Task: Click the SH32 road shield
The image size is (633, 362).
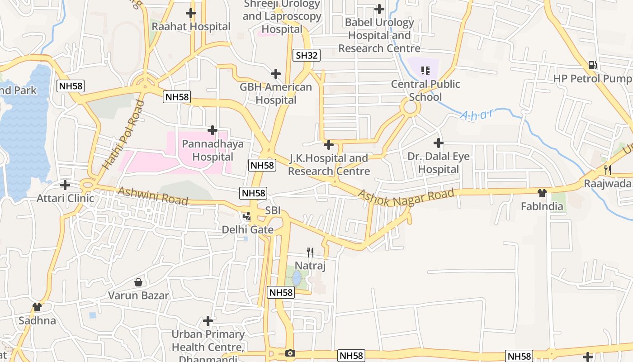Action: tap(307, 56)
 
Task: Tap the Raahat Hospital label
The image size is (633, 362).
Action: tap(191, 26)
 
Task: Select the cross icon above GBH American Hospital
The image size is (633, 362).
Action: tap(276, 74)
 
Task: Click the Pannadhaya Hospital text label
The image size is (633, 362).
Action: tap(213, 150)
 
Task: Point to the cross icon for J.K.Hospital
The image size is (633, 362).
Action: tap(329, 145)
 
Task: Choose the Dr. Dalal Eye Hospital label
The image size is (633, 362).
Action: tap(439, 163)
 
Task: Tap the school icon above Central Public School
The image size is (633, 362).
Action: tap(425, 70)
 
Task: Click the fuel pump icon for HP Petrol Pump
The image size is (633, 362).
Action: tap(592, 65)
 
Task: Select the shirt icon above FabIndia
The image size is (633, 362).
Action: tap(542, 193)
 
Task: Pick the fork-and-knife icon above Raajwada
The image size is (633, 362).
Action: tap(608, 170)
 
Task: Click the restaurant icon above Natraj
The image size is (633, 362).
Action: tap(310, 252)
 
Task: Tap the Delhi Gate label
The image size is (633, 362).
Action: tap(247, 229)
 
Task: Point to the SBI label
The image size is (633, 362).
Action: tap(273, 210)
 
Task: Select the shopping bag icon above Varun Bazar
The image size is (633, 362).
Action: tap(138, 282)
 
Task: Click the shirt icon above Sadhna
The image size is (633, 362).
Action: tap(37, 307)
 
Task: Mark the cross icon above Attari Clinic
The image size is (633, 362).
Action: tap(65, 185)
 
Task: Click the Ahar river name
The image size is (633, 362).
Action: tap(477, 114)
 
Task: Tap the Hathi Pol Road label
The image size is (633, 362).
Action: tap(123, 135)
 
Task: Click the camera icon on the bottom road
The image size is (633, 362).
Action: tap(290, 353)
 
